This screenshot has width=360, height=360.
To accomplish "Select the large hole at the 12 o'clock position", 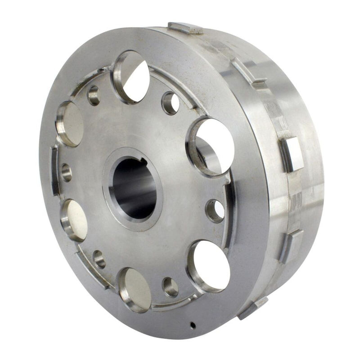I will pyautogui.click(x=131, y=76).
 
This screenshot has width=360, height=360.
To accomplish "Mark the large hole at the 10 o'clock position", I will pyautogui.click(x=70, y=124).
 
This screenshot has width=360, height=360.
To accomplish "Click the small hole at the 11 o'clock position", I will pyautogui.click(x=94, y=95).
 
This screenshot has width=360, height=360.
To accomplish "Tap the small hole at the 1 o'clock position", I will pyautogui.click(x=170, y=103).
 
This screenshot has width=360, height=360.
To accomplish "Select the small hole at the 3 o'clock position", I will pyautogui.click(x=215, y=210).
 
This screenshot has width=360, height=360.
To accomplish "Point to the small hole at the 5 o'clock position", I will pyautogui.click(x=171, y=287).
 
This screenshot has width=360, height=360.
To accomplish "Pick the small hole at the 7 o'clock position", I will pyautogui.click(x=99, y=259).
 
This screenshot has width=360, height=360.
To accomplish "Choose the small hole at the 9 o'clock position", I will pyautogui.click(x=67, y=172).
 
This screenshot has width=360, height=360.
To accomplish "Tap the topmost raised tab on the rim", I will pyautogui.click(x=185, y=28).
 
